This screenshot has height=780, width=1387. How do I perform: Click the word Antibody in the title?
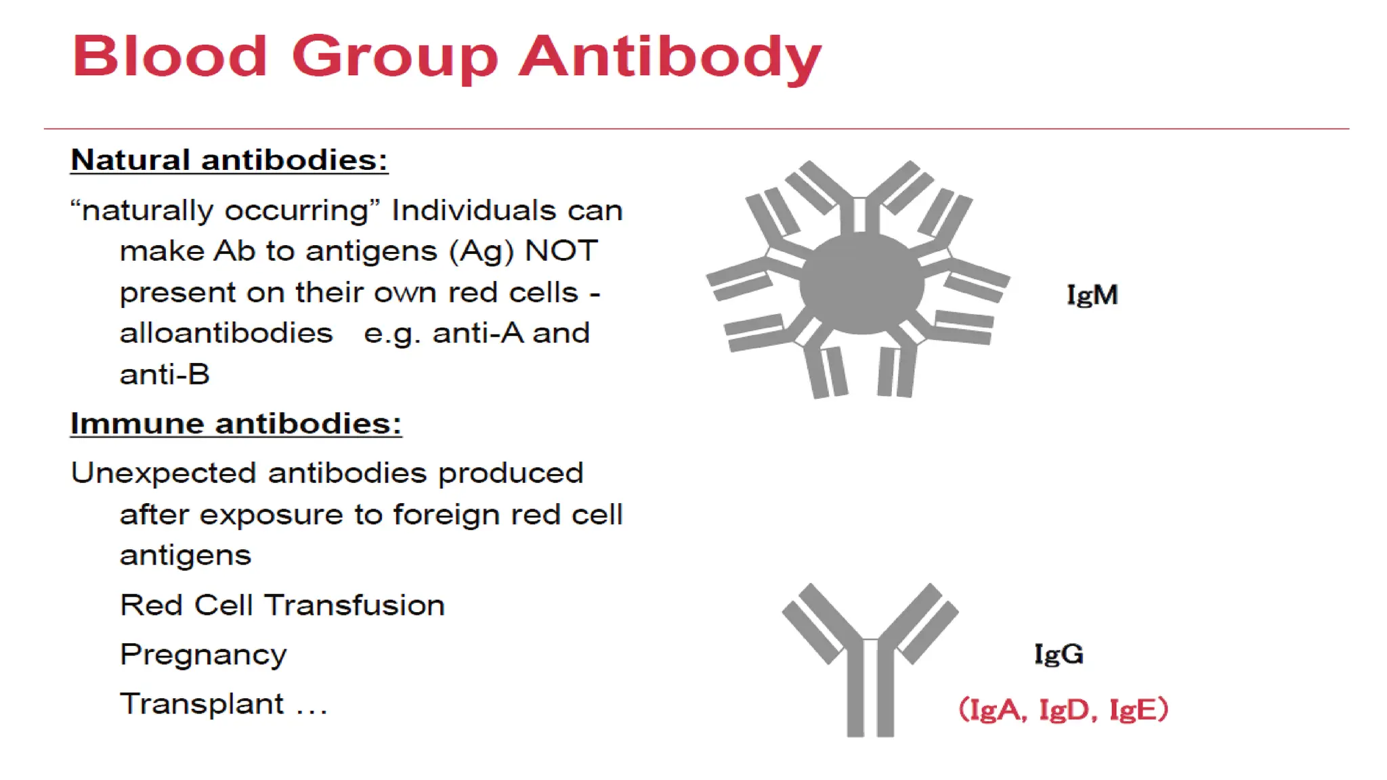(x=670, y=57)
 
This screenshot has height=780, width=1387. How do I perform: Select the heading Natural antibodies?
(x=229, y=160)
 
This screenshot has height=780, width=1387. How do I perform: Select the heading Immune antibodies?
(x=236, y=424)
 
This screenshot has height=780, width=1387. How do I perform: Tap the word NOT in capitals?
(x=561, y=251)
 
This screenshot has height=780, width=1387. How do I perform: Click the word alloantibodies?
(x=226, y=333)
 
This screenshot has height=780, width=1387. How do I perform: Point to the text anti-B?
(x=165, y=374)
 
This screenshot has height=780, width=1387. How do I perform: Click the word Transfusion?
(x=354, y=605)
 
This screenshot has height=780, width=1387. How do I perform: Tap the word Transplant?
(x=202, y=704)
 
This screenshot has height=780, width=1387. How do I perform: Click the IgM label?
(x=1092, y=295)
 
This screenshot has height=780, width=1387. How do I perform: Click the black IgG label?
(x=1059, y=654)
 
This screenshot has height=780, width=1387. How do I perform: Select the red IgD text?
(x=1064, y=710)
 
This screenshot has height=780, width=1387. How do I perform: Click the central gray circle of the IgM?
(x=861, y=284)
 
